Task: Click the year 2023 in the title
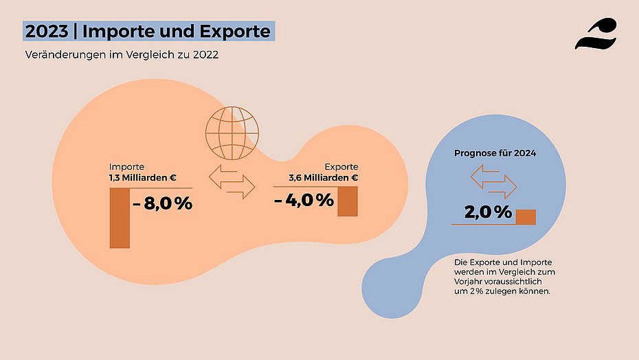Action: click(x=46, y=31)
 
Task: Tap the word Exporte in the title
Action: click(x=232, y=31)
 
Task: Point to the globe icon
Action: click(x=234, y=131)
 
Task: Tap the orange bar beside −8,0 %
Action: click(x=120, y=217)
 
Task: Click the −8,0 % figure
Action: click(x=162, y=203)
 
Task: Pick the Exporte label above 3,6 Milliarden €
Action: click(x=341, y=167)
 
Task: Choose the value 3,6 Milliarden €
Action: click(x=324, y=178)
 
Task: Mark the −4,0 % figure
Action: click(x=303, y=200)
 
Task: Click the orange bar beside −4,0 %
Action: click(x=348, y=201)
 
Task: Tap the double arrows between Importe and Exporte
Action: click(x=232, y=181)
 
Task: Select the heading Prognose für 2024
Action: click(x=495, y=153)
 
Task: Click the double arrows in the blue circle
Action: click(x=493, y=182)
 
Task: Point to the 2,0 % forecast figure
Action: click(x=488, y=212)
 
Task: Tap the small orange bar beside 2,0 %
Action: click(x=526, y=216)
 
